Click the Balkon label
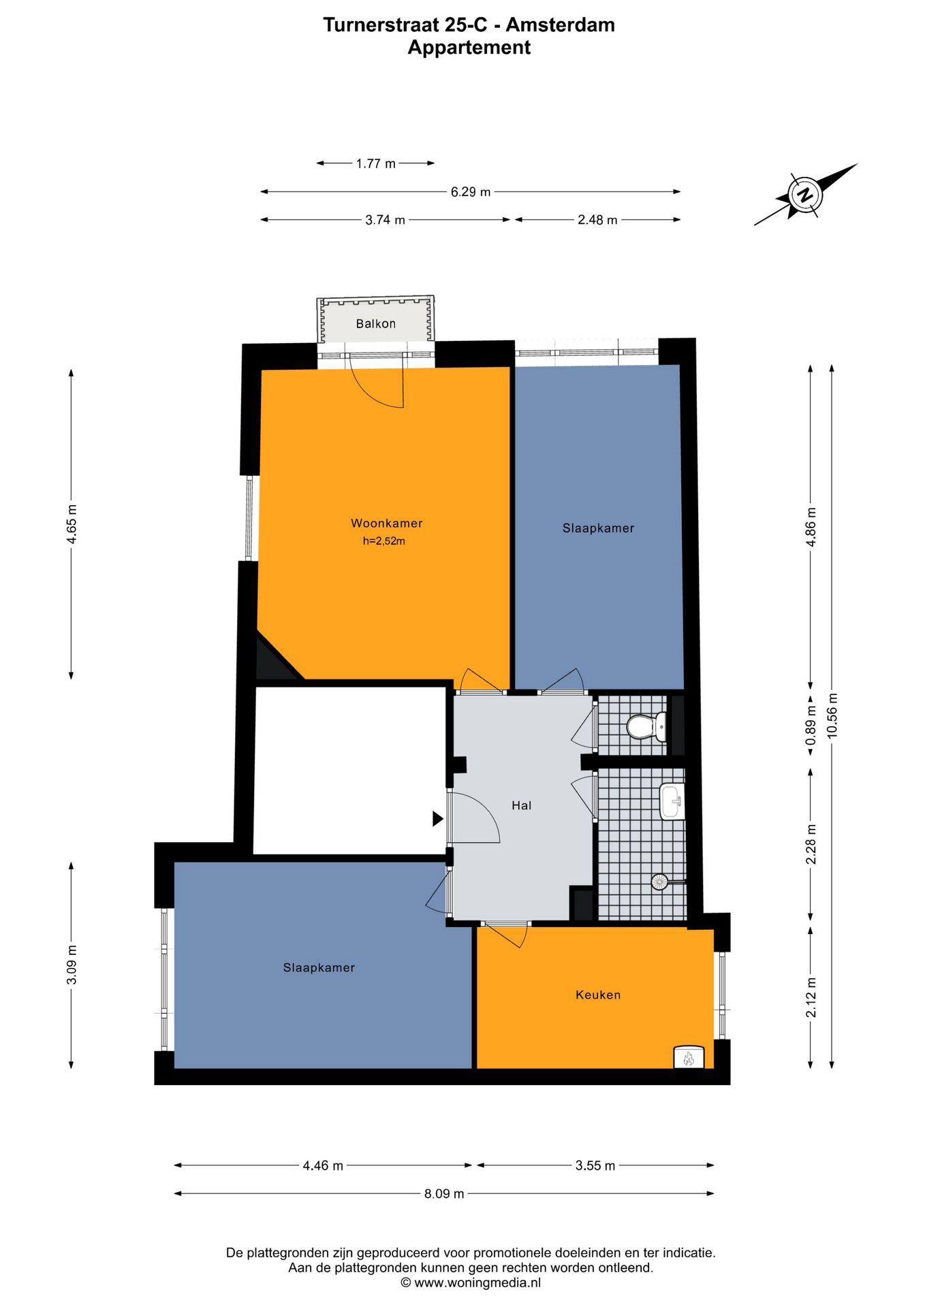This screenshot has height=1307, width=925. pos(375,323)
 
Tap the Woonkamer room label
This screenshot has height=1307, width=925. pos(386,523)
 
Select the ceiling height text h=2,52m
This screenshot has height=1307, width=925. pos(383,541)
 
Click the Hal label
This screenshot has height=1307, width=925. pos(521,805)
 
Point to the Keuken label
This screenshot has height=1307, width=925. pos(598,995)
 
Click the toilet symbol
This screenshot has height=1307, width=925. pos(646,726)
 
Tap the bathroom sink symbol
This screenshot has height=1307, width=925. pos(672,801)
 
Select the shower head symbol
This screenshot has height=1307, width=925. pos(659,882)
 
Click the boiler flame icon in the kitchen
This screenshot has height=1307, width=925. pos(688,1058)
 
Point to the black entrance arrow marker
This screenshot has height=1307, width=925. pos(438,818)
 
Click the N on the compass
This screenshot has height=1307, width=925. pos(805,195)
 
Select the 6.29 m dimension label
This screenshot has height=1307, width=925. pos(470,192)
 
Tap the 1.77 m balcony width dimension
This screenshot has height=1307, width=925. pos(375,163)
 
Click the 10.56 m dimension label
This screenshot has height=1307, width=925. pos(832,715)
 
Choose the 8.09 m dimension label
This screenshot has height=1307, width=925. pos(444,1193)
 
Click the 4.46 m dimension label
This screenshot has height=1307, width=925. pos(323,1165)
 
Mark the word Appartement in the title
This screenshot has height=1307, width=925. pos(469,48)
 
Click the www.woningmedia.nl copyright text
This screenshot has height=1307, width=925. pos(471,1282)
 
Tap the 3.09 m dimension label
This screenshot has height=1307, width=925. pos(72,965)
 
